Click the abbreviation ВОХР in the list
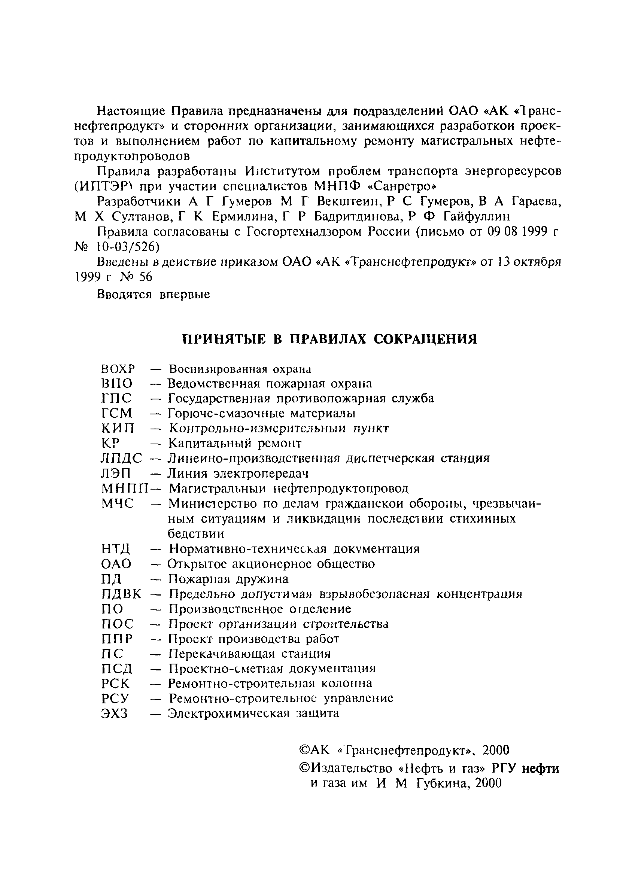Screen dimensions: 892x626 click(118, 368)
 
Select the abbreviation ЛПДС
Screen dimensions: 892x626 click(121, 459)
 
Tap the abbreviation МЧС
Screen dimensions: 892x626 click(117, 503)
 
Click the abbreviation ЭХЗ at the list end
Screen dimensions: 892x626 click(114, 714)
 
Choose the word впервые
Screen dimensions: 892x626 click(184, 294)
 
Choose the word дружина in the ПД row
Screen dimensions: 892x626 click(265, 579)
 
